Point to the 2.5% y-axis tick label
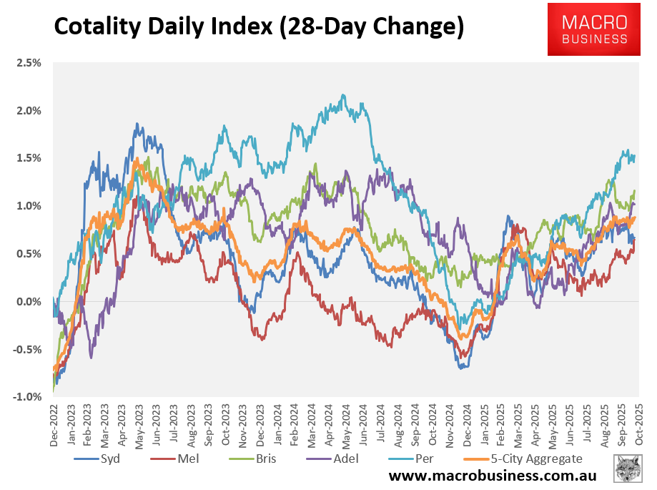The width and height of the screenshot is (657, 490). [29, 63]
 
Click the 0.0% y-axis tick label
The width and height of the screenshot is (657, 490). [29, 302]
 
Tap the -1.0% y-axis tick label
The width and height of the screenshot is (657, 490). [27, 397]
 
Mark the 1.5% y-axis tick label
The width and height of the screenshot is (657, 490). [29, 158]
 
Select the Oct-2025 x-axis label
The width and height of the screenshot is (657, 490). [638, 423]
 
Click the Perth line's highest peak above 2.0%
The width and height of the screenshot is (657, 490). [344, 95]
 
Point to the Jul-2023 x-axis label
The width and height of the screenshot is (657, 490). [174, 423]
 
